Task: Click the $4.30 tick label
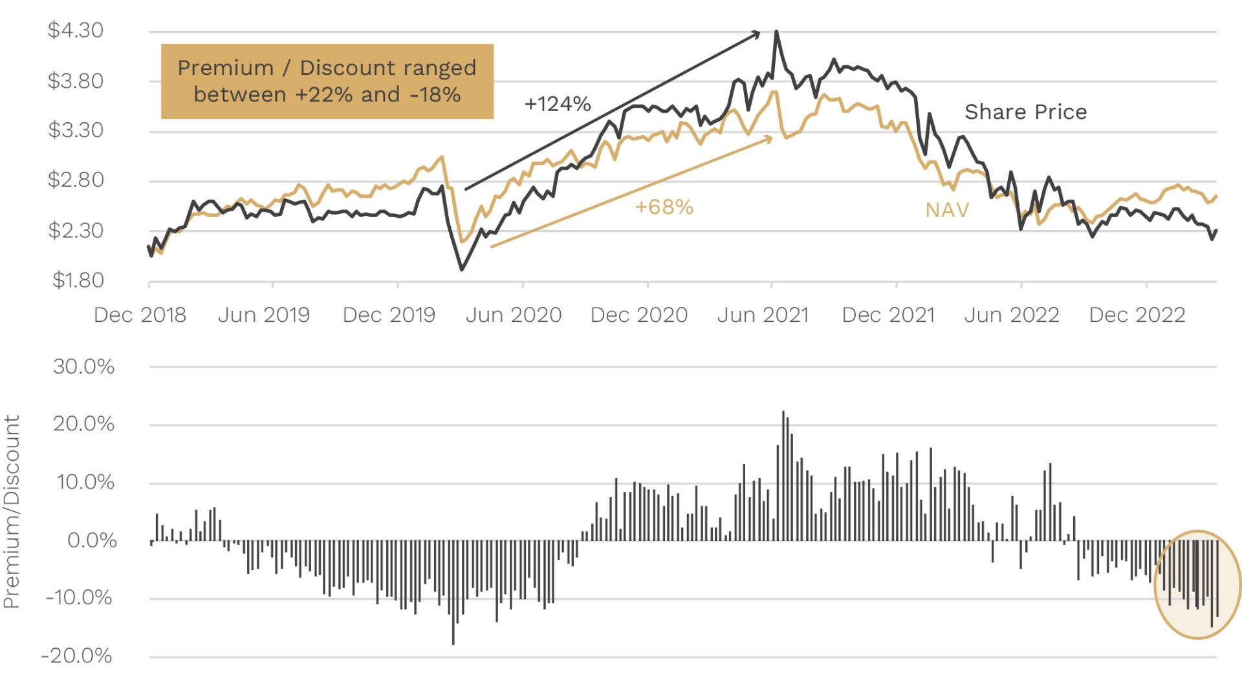click(x=75, y=30)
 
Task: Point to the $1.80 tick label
click(x=78, y=280)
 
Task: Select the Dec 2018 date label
click(x=140, y=315)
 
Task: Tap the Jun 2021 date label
click(x=763, y=315)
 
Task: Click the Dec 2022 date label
click(x=1137, y=315)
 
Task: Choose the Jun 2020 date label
click(x=513, y=315)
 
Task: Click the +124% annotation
click(x=557, y=104)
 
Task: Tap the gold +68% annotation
click(x=664, y=207)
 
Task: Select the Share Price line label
click(x=1025, y=112)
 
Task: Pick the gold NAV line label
click(x=947, y=210)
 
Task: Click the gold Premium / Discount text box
click(x=327, y=81)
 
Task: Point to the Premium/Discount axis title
click(x=12, y=511)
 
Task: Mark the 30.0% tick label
click(x=83, y=366)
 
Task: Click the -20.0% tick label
click(x=76, y=656)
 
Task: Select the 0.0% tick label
click(x=92, y=540)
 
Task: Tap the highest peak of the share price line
click(x=776, y=32)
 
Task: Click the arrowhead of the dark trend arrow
click(x=757, y=33)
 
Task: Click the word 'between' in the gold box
click(x=239, y=95)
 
